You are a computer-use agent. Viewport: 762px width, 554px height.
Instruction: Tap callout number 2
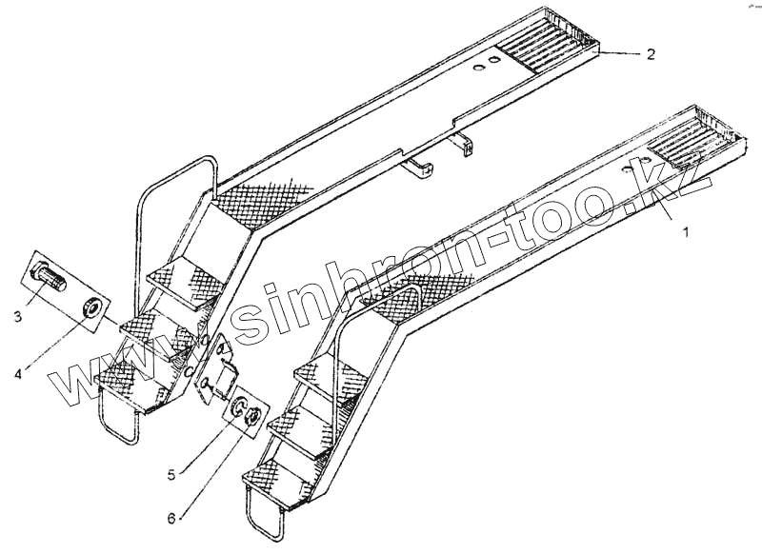[x=651, y=54]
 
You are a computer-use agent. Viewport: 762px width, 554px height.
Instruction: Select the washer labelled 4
[x=93, y=307]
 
